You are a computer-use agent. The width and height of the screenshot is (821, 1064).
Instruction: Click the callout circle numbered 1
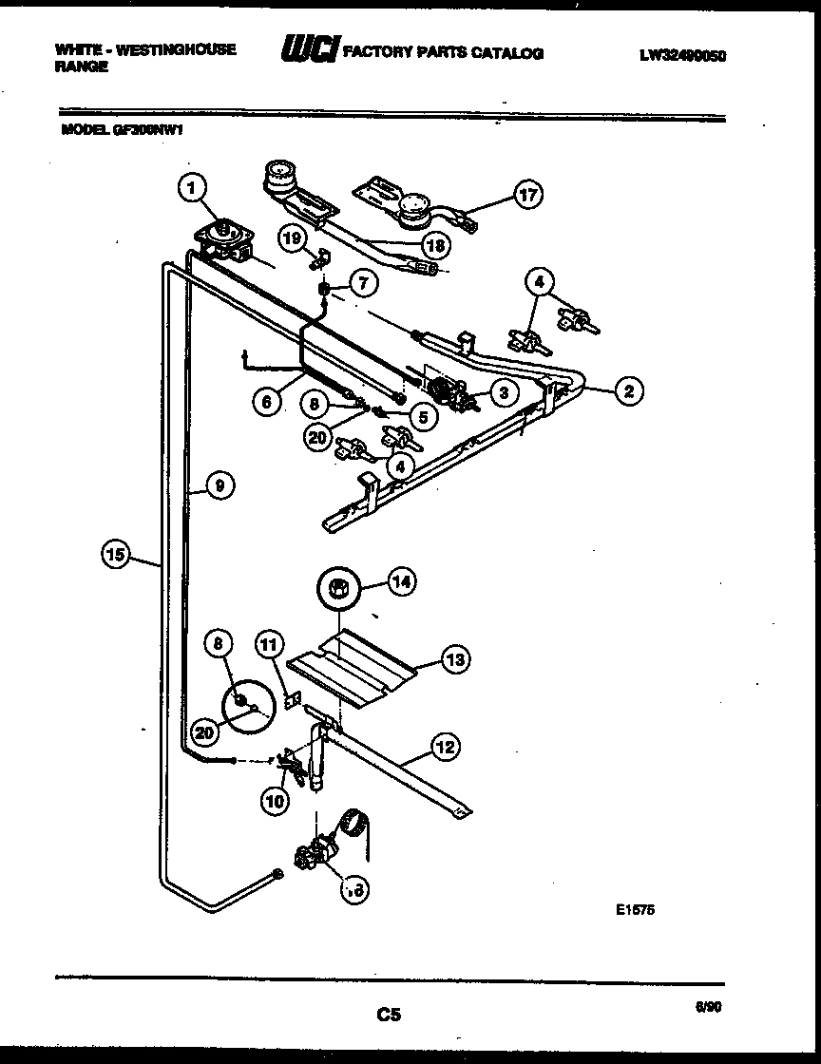[193, 190]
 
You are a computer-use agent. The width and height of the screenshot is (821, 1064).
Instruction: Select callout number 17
[527, 195]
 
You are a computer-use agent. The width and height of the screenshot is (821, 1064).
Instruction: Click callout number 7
[361, 281]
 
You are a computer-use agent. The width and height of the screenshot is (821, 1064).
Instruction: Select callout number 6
[267, 402]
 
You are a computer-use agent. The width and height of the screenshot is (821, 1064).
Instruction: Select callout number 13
[456, 657]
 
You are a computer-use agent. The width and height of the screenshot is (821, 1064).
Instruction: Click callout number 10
[274, 801]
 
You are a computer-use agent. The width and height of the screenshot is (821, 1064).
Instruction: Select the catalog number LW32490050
[682, 55]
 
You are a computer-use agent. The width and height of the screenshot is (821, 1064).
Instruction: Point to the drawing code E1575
[635, 909]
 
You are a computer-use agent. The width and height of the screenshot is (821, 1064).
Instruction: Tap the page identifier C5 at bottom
[387, 1016]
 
